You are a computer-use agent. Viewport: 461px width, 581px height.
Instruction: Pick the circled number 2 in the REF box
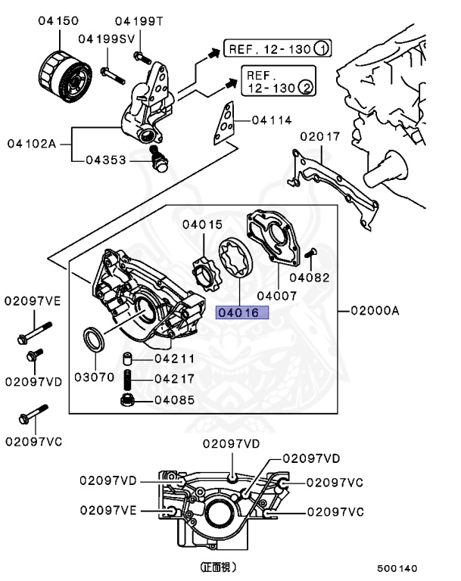tap(307, 88)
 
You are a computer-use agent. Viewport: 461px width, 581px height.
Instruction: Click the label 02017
tap(320, 137)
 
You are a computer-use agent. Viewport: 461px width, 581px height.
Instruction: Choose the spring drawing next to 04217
tap(129, 378)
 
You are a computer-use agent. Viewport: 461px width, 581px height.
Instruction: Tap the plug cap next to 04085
tap(129, 399)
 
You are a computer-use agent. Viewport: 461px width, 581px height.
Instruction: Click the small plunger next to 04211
tap(129, 359)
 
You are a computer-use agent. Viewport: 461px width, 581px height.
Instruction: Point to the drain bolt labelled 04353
tap(159, 161)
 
